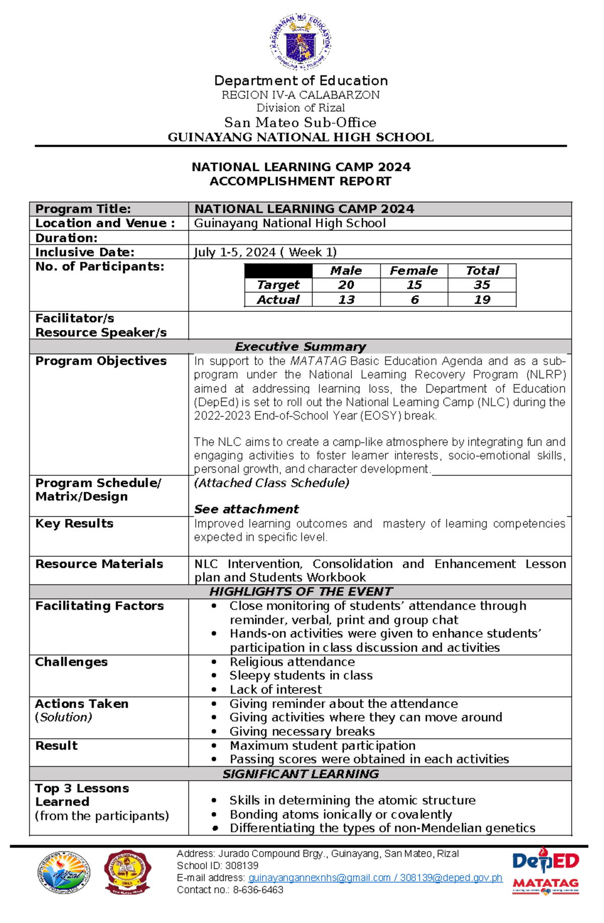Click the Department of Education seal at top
300,42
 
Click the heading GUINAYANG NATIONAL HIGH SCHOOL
300,137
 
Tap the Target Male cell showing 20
346,285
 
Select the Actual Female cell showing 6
414,300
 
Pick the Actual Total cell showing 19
482,300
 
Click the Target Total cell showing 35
482,285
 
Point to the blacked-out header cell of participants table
278,271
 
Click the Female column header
414,271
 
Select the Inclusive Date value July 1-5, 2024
265,252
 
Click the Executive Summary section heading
300,347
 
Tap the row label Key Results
74,524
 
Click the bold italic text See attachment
247,509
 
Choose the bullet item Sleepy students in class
301,676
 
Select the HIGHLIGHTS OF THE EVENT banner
300,592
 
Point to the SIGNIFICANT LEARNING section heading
300,774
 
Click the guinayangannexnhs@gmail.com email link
319,878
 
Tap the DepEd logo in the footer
546,862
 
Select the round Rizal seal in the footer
64,873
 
